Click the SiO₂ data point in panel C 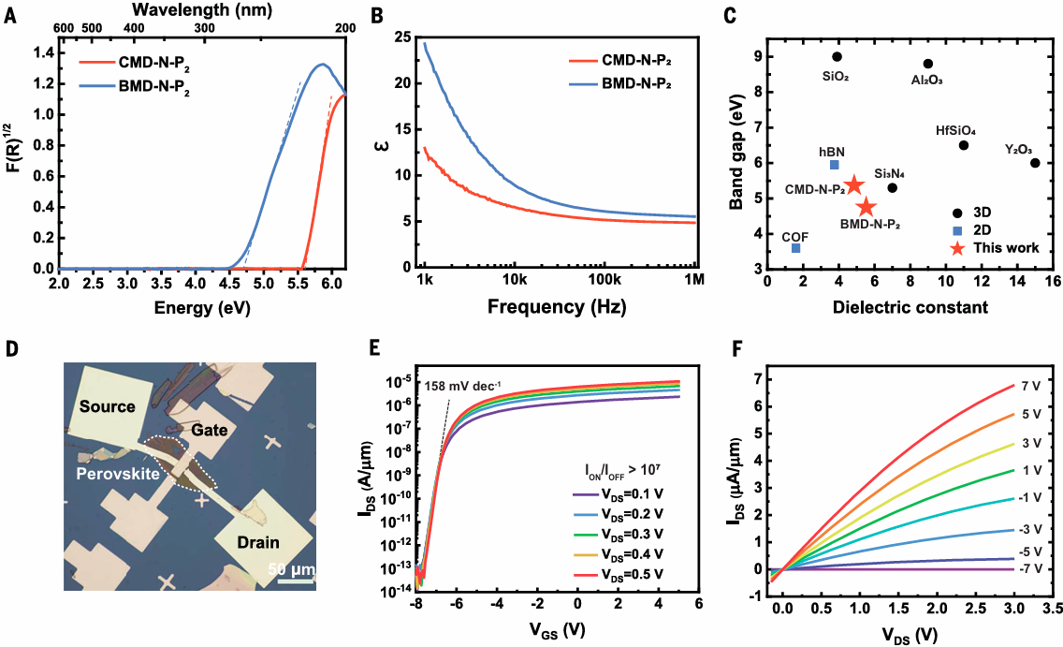[x=837, y=57]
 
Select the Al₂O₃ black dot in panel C [x=927, y=64]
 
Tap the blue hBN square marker [x=834, y=165]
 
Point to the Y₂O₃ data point [x=1035, y=163]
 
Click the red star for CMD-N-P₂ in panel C [x=853, y=186]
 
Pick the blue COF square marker [x=795, y=248]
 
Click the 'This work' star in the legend [x=956, y=249]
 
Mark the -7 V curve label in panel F [x=1031, y=569]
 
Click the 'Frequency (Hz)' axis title [x=559, y=306]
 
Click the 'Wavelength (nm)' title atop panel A [x=189, y=9]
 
